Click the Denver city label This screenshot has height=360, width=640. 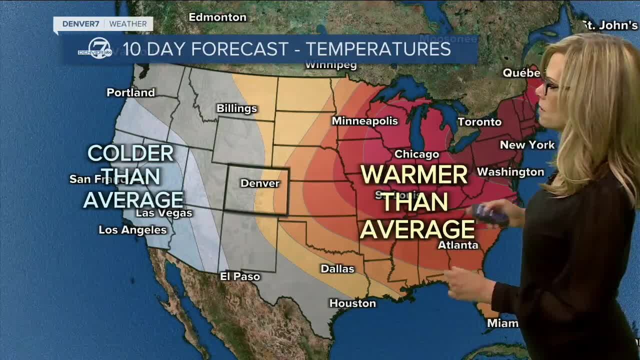pos(260,183)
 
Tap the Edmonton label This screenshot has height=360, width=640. pos(217,17)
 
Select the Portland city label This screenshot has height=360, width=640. pos(131,92)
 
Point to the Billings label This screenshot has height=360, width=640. pos(236,108)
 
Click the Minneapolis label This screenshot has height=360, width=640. pos(364,121)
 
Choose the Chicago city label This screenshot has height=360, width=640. pos(416,154)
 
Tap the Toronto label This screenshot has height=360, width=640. pos(479,122)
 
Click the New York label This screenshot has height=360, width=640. pos(527,145)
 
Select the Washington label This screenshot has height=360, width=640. pos(510,172)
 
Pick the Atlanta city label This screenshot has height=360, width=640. pos(458,245)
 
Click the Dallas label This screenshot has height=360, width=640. pos(337,269)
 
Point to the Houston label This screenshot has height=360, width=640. pos(352,303)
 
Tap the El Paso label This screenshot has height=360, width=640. pos(240,276)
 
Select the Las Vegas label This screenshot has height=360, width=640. pos(164,213)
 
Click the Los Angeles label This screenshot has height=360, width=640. pos(132,230)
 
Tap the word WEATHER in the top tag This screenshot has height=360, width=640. pos(128,23)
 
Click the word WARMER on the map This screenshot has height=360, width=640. pos(414,175)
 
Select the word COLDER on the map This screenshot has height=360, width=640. pos(131,153)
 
